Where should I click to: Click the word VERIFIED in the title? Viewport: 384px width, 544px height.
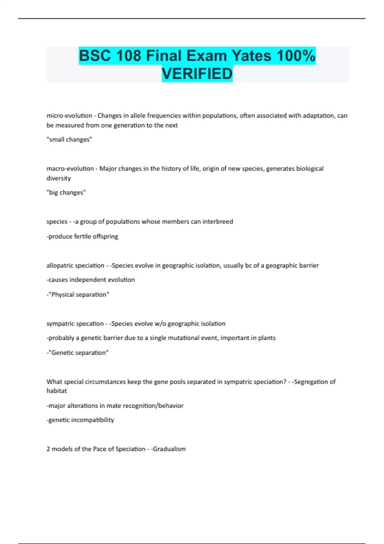[197, 74]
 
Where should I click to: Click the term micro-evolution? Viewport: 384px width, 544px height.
[69, 116]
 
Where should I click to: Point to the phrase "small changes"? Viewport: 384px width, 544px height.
[69, 140]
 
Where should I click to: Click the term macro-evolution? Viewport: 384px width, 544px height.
[70, 169]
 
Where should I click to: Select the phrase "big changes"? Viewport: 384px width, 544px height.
[67, 193]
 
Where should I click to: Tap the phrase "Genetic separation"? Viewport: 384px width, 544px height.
[79, 353]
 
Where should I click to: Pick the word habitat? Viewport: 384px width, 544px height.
[57, 391]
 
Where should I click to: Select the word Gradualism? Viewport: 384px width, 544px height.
[169, 449]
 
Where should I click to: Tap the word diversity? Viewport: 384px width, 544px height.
[59, 178]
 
